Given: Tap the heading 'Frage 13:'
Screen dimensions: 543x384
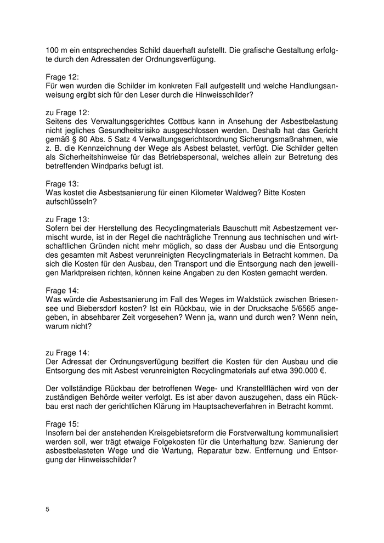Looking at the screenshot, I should click(x=63, y=183).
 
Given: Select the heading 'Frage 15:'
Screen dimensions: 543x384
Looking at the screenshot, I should click(x=63, y=424).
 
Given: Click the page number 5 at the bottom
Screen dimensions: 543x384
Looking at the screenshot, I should click(x=48, y=510).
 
